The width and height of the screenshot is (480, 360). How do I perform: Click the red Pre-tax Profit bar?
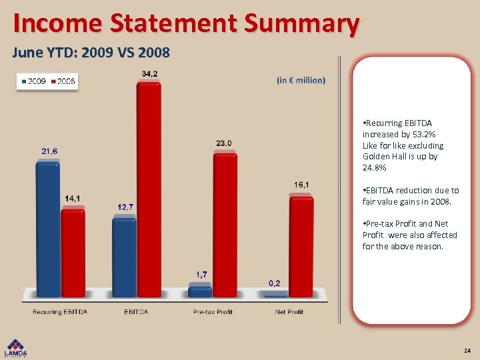[225, 224]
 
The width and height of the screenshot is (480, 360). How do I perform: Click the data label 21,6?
[49, 151]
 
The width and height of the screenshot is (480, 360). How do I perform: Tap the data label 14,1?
[73, 198]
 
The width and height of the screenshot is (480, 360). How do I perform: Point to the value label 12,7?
[125, 207]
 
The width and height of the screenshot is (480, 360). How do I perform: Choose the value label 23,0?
[224, 143]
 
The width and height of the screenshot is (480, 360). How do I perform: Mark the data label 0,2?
[275, 283]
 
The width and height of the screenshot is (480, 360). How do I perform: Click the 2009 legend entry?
[33, 81]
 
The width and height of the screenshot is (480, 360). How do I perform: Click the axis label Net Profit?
[289, 312]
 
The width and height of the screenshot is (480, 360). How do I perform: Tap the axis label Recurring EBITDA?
[60, 312]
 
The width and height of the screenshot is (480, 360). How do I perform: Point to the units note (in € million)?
[301, 80]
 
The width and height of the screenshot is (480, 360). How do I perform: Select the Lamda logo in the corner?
[16, 348]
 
